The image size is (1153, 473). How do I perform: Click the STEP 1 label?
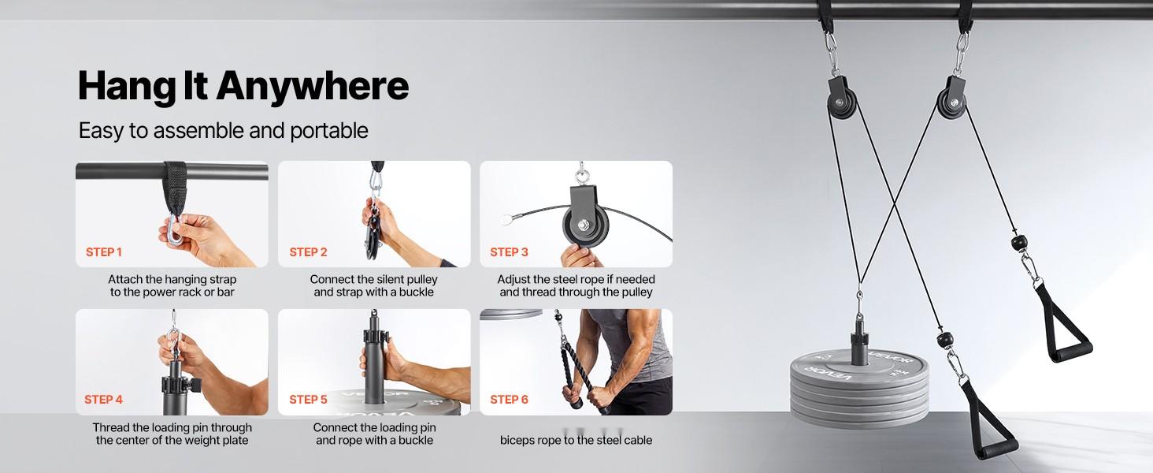click(x=103, y=252)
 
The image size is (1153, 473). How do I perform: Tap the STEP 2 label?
click(x=308, y=252)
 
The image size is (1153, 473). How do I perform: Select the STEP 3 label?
click(x=509, y=252)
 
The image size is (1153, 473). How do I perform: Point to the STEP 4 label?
click(x=103, y=400)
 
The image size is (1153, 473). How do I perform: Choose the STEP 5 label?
click(x=308, y=400)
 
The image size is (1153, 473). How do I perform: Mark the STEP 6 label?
click(x=509, y=400)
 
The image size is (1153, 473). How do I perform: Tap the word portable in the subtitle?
click(x=329, y=131)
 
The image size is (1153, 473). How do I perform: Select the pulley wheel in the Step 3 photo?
click(x=585, y=226)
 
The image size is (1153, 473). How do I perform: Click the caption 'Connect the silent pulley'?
click(x=373, y=279)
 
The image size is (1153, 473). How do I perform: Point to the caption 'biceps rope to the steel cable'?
click(x=576, y=440)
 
